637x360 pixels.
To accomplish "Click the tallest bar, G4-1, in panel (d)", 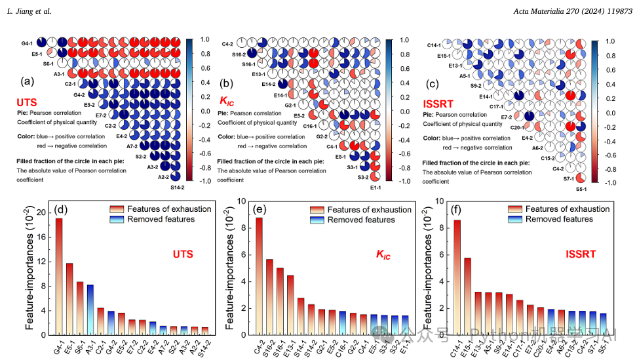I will point(59,275).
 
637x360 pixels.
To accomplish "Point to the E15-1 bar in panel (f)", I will point(468,296).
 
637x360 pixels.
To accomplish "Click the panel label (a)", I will point(28,81).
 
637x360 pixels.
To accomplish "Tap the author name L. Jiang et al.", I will point(29,11).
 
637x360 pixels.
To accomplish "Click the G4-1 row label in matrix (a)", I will point(27,43).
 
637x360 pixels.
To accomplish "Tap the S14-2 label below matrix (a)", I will point(176,188).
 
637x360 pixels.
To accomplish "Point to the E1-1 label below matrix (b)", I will point(376,188).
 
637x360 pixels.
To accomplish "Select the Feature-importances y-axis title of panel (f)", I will point(429,269).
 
